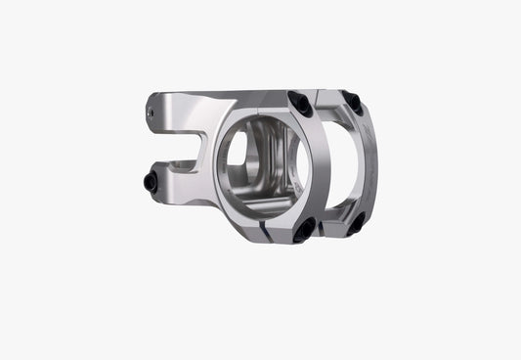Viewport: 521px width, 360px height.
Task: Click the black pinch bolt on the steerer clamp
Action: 151,181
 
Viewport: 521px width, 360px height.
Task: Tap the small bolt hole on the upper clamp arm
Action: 151,113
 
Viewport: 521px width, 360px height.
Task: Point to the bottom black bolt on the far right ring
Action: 357,223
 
